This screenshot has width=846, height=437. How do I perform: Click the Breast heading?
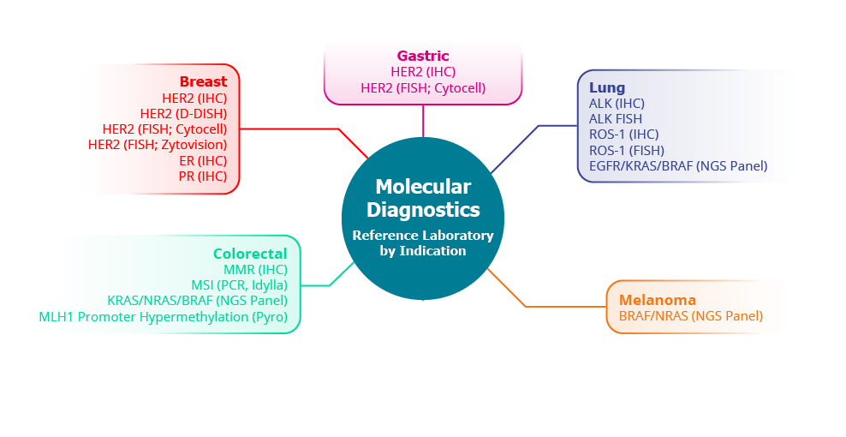pyautogui.click(x=203, y=81)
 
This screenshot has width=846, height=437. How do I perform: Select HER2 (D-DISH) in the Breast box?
pyautogui.click(x=183, y=113)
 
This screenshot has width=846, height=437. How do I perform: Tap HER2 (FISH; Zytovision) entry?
pyautogui.click(x=158, y=145)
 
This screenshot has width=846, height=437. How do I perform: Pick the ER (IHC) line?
pyautogui.click(x=202, y=160)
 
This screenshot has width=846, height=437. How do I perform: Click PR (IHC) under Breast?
pyautogui.click(x=202, y=177)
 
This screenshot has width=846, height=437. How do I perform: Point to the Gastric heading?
pyautogui.click(x=423, y=56)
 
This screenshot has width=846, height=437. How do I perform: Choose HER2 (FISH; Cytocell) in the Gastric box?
pyautogui.click(x=423, y=87)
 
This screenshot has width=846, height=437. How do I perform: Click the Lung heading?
pyautogui.click(x=607, y=87)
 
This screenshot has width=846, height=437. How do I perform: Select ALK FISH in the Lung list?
pyautogui.click(x=615, y=118)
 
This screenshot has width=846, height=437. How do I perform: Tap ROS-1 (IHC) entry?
pyautogui.click(x=624, y=134)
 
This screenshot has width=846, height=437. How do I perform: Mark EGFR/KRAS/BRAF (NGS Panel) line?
pyautogui.click(x=678, y=165)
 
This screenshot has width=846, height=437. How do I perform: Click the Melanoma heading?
pyautogui.click(x=658, y=300)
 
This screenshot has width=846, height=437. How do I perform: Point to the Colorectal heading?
pyautogui.click(x=250, y=254)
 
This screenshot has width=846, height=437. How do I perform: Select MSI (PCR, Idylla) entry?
pyautogui.click(x=239, y=284)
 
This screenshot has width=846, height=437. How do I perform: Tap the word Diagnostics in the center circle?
pyautogui.click(x=423, y=209)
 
